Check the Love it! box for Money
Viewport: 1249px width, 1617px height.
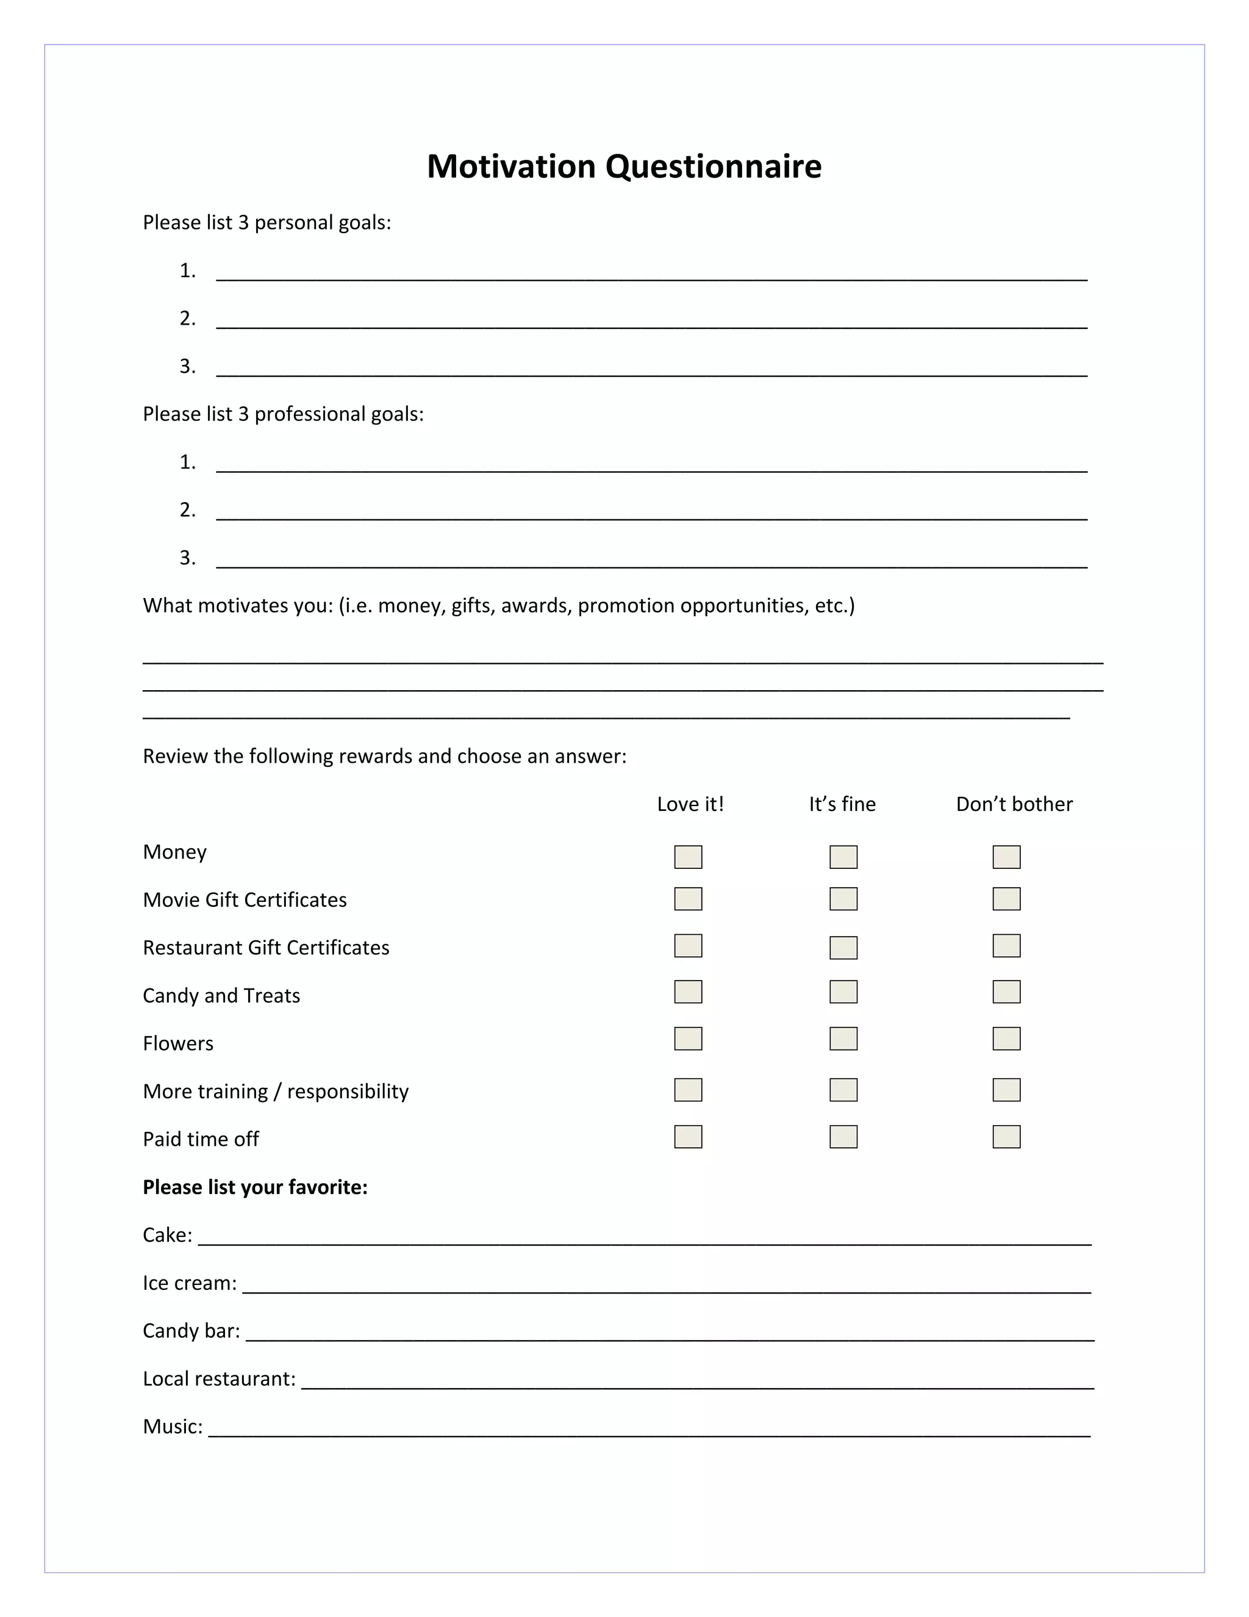click(x=688, y=857)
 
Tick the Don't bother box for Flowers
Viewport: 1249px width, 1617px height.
click(x=1006, y=1039)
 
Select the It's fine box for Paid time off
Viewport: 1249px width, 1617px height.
click(x=843, y=1137)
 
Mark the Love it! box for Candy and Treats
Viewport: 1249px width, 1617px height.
click(x=688, y=992)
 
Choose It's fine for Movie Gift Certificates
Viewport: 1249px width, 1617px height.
click(x=843, y=899)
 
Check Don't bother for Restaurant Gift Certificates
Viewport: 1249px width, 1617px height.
click(x=1006, y=945)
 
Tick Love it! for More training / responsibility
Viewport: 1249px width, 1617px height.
click(x=688, y=1090)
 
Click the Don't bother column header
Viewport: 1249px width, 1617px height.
click(x=1014, y=804)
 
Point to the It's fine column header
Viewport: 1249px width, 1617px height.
click(x=842, y=804)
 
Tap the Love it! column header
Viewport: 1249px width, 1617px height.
click(x=690, y=804)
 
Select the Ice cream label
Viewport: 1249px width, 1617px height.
click(x=190, y=1283)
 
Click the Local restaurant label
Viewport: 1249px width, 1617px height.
click(x=219, y=1378)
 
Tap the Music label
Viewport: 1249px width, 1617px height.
click(x=173, y=1427)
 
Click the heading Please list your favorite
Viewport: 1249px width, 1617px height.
click(x=256, y=1187)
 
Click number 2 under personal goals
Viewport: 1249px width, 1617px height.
click(x=188, y=319)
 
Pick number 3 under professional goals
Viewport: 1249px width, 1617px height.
click(x=188, y=558)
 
